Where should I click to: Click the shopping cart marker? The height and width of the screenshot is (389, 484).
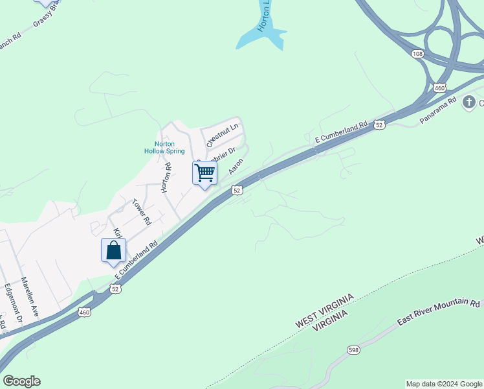coord(204,173)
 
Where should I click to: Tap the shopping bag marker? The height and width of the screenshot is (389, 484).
coord(113,250)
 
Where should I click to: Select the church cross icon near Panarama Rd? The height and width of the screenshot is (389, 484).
coord(470,102)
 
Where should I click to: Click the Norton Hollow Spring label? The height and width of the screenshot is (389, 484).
coord(165,148)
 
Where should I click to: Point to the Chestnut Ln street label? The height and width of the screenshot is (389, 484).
coord(223,132)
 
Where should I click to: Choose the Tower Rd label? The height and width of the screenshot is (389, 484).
coord(141,212)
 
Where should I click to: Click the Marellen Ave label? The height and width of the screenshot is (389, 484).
coord(30,297)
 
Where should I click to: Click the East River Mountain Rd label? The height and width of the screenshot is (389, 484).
coord(438,312)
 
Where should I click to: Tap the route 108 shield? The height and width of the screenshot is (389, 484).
coord(417,54)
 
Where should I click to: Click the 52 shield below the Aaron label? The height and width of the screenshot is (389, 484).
coord(237,190)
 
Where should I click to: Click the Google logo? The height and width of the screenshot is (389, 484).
coord(21,381)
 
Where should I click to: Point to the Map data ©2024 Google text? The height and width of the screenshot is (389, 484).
coord(444,384)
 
